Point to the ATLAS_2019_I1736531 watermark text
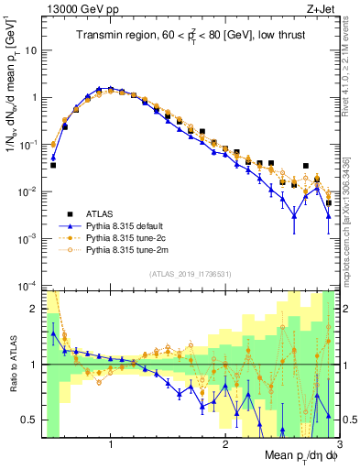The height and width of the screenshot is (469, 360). click(x=190, y=275)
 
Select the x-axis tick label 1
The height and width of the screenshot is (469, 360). click(x=111, y=443)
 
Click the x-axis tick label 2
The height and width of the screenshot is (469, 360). click(x=225, y=443)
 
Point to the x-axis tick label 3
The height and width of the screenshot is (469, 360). click(x=338, y=443)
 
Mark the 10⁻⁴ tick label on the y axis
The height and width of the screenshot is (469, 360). click(x=30, y=286)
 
